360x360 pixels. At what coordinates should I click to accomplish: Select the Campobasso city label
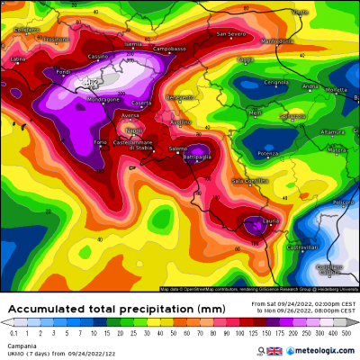click(168, 49)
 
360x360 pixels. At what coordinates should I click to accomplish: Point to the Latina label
click(18, 59)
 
